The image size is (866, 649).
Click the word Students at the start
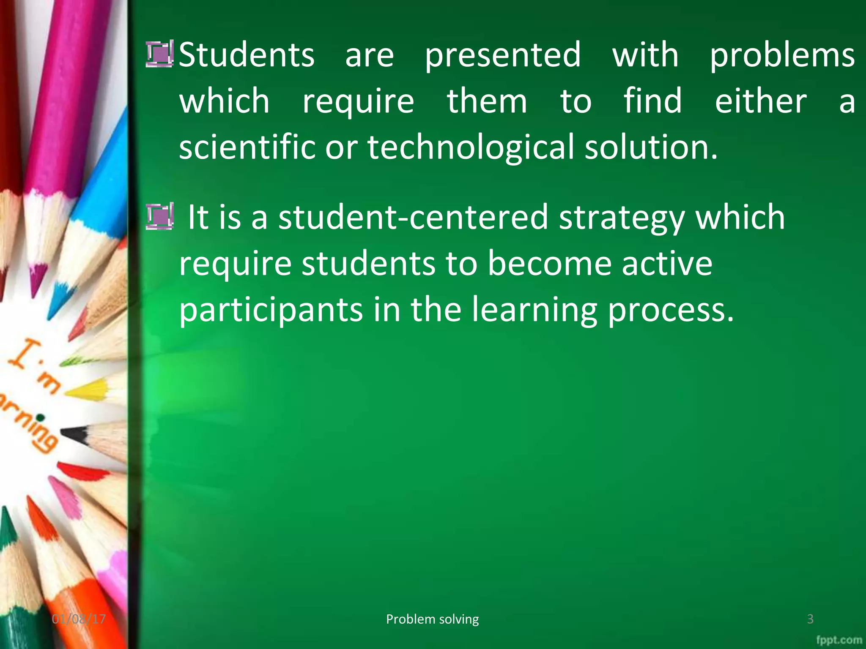coord(247,55)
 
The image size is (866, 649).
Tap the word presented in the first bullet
coord(503,55)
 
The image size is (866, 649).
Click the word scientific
coord(247,147)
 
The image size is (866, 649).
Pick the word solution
coord(651,147)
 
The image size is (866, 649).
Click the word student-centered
coord(413,217)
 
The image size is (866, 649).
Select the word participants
coord(271,310)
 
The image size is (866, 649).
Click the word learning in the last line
coord(534,310)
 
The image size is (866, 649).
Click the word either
coord(761,101)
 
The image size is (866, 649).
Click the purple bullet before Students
coord(159,54)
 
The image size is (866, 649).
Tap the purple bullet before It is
coord(159,216)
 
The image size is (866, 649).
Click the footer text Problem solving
coord(432,619)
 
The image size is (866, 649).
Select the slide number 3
coord(810,619)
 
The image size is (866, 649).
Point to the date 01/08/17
coord(79,619)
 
